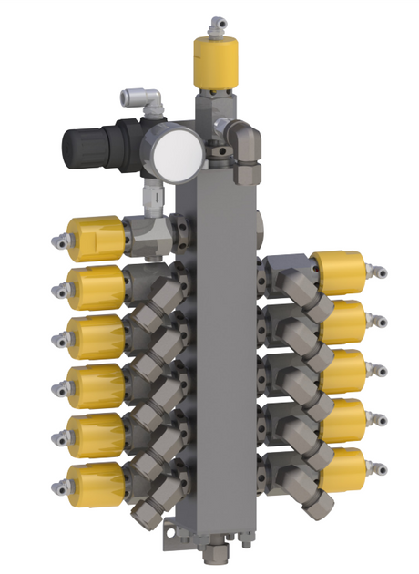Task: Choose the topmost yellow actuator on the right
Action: (x=340, y=272)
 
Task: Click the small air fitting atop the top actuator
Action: (x=215, y=22)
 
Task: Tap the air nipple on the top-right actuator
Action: (x=378, y=271)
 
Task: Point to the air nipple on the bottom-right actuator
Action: (x=383, y=467)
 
